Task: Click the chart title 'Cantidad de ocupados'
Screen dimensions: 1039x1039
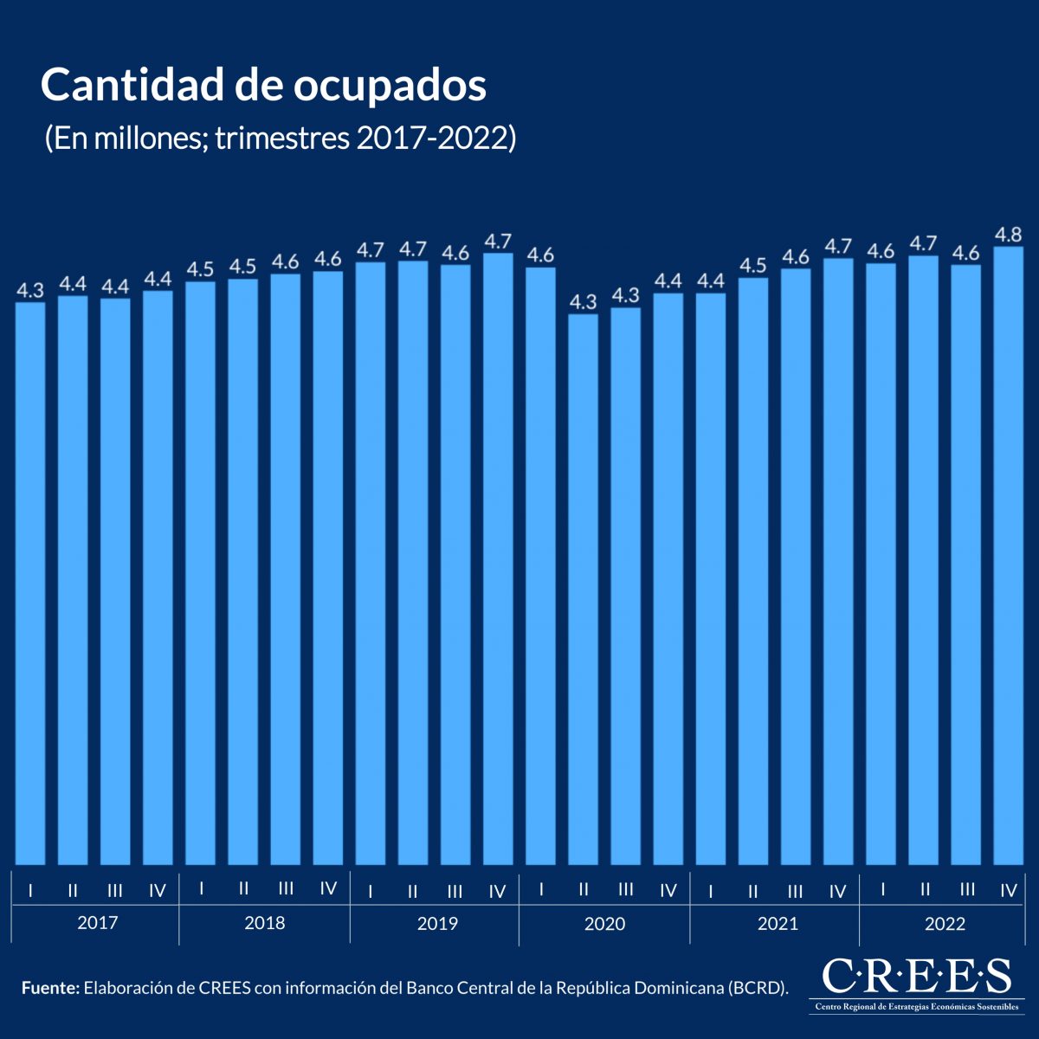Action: pos(263,85)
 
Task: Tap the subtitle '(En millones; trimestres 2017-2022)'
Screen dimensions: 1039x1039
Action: pos(280,138)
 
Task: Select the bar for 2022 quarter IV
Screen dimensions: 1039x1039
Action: pos(1009,554)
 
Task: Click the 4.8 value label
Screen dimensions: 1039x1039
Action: pos(1009,235)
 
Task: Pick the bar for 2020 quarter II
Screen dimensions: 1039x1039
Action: pos(583,589)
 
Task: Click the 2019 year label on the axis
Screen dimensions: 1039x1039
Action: pos(437,924)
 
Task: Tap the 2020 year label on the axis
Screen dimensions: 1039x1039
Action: pos(604,924)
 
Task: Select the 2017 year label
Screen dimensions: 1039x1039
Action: pos(97,923)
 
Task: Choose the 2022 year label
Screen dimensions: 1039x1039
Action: pos(945,924)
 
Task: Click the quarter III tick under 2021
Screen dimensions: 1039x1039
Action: pos(795,891)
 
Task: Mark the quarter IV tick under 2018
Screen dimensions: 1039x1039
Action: pos(328,888)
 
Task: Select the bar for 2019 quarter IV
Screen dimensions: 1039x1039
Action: pos(498,558)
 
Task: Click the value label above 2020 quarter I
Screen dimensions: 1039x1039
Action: pos(540,255)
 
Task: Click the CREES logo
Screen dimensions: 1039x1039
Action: pos(916,984)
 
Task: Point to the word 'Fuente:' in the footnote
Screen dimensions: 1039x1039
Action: pos(50,988)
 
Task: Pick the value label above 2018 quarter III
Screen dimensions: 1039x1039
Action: pos(286,261)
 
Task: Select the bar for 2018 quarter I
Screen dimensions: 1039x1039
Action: pos(200,571)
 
